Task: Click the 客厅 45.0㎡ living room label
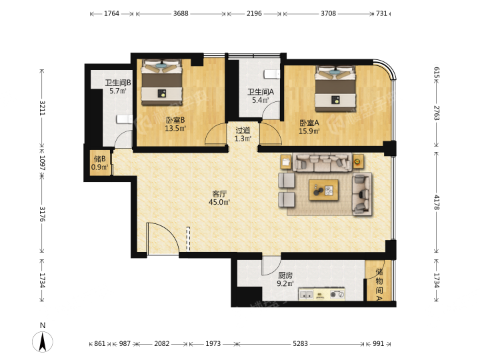[219, 198]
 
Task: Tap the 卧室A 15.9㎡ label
[309, 127]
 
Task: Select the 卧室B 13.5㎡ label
[175, 124]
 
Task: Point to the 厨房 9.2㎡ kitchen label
[285, 279]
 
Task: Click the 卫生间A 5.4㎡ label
[261, 96]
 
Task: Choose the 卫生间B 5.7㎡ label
[118, 87]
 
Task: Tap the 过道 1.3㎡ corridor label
[243, 135]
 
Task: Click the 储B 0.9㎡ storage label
[100, 163]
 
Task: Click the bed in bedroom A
[335, 89]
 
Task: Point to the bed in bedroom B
[161, 83]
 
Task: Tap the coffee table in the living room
[323, 190]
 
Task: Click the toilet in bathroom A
[272, 74]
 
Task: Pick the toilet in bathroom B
[124, 119]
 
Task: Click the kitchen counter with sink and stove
[322, 294]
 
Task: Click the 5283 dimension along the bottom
[300, 344]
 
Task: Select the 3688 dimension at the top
[181, 13]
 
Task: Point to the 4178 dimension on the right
[437, 203]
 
